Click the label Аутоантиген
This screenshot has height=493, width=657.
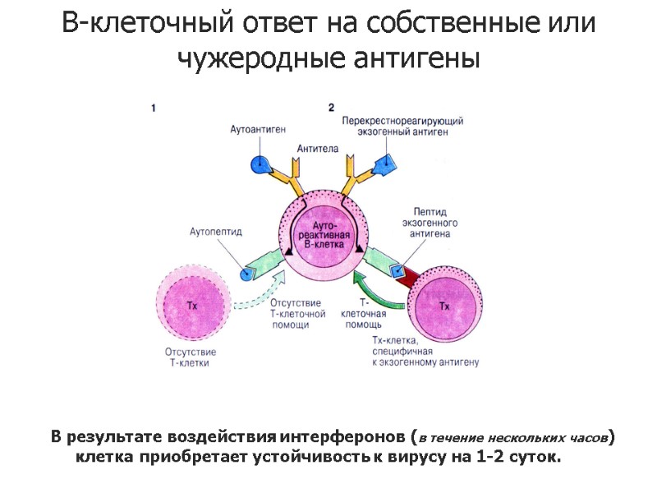[257, 130]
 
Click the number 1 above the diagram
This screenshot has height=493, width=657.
[154, 107]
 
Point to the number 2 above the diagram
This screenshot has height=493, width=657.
[332, 107]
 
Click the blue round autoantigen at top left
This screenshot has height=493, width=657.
[260, 163]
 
